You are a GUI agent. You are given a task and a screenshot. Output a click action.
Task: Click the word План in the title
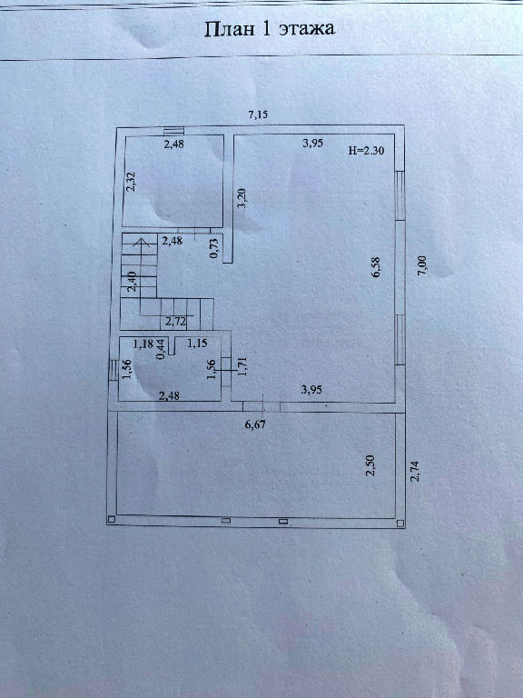pos(229,29)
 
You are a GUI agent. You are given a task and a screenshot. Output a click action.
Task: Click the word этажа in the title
pos(307,29)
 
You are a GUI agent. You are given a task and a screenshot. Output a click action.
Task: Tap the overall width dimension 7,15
pos(259,115)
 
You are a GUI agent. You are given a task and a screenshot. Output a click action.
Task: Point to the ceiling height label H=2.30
pos(366,151)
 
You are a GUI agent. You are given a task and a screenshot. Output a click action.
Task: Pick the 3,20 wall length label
pos(242,198)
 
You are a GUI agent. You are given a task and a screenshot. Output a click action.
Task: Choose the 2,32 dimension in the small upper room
pos(131,182)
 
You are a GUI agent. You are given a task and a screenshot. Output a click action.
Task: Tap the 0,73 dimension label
pos(214,248)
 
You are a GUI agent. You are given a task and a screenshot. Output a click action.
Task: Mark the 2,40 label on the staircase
pos(132,282)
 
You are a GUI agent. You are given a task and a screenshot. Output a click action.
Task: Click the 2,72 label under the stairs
pos(175,322)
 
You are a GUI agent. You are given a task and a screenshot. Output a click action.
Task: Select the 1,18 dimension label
pos(143,344)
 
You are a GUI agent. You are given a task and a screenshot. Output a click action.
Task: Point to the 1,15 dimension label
pos(197,344)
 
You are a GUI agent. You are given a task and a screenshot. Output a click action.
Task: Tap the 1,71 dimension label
pos(242,366)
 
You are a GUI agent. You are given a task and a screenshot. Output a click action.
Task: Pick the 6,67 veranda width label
pos(255,424)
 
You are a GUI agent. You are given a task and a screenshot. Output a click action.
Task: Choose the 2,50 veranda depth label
pos(370,465)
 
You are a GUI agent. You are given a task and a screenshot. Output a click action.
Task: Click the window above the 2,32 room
pos(173,131)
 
